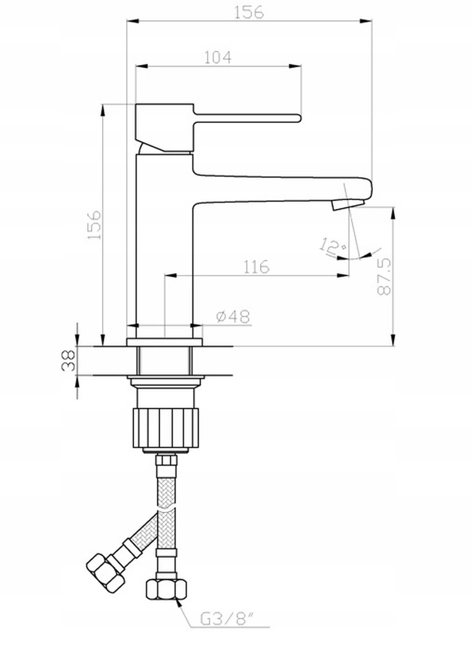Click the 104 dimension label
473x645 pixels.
pyautogui.click(x=218, y=58)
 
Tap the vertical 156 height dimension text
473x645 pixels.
pyautogui.click(x=95, y=225)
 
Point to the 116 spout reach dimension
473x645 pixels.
pyautogui.click(x=256, y=267)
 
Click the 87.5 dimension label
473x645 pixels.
pyautogui.click(x=384, y=276)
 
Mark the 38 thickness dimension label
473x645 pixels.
pyautogui.click(x=68, y=361)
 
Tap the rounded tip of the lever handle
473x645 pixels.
pyautogui.click(x=299, y=118)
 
